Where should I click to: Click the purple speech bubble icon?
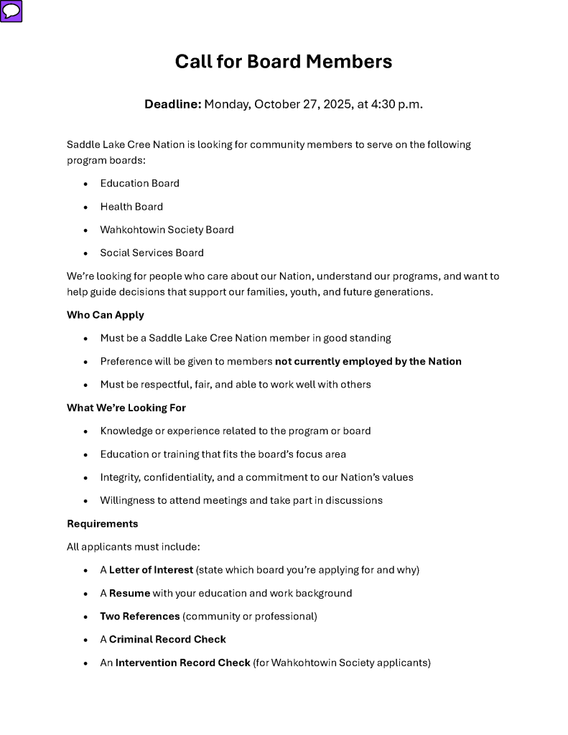[11, 11]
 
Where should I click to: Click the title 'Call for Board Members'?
[284, 62]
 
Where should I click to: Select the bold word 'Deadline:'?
[172, 104]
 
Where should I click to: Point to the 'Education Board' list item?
[139, 183]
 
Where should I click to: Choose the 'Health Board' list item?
[131, 207]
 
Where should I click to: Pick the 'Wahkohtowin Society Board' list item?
[167, 230]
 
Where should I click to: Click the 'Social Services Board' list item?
[152, 253]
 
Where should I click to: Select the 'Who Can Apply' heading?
[106, 315]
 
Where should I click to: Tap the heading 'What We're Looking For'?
[126, 408]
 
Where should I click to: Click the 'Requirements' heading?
[103, 524]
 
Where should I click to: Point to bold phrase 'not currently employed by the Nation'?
[368, 361]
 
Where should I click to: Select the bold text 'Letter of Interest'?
[151, 570]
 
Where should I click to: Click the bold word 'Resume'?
[129, 594]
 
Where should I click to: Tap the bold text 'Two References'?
[140, 617]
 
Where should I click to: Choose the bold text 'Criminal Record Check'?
[167, 640]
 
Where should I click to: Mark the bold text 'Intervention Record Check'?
[182, 663]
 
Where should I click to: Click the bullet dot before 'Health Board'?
[85, 207]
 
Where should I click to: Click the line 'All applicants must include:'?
[134, 547]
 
